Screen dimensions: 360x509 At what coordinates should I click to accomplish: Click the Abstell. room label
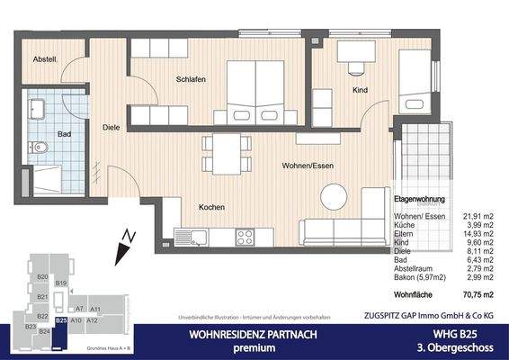[45, 60]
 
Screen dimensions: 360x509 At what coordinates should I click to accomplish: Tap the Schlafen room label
[192, 79]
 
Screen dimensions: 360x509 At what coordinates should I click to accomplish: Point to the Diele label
[111, 128]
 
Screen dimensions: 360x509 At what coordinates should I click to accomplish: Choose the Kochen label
[211, 208]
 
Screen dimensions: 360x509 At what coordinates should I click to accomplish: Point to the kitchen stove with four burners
[246, 238]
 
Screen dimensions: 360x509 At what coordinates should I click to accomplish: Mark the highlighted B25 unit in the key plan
[60, 319]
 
